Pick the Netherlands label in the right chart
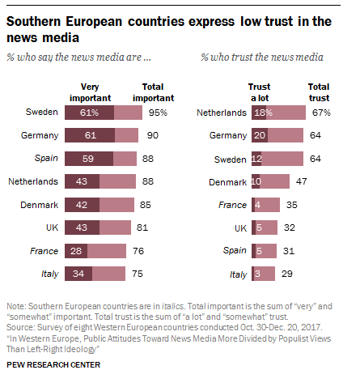coord(221,113)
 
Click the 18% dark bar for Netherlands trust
coord(263,113)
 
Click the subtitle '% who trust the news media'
coord(261,57)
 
